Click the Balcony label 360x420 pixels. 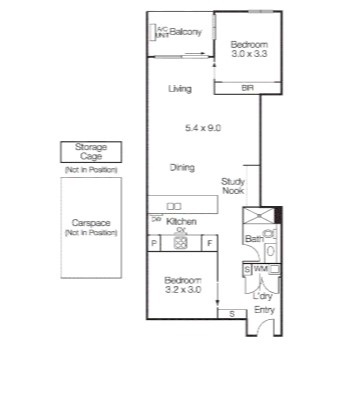pos(186,32)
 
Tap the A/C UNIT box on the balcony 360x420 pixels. pos(159,31)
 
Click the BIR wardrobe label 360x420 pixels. pos(247,88)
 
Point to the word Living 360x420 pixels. pos(180,89)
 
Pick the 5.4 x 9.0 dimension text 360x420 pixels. pos(202,127)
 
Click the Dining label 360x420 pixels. pos(181,167)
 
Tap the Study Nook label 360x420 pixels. pos(232,185)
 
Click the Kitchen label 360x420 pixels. pos(181,220)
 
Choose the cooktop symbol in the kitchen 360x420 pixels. pos(181,242)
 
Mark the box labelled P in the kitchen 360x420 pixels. pos(154,242)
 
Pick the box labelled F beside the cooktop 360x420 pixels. pos(209,242)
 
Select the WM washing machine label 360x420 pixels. pos(259,269)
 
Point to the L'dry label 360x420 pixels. pos(262,296)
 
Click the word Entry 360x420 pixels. pos(264,310)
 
